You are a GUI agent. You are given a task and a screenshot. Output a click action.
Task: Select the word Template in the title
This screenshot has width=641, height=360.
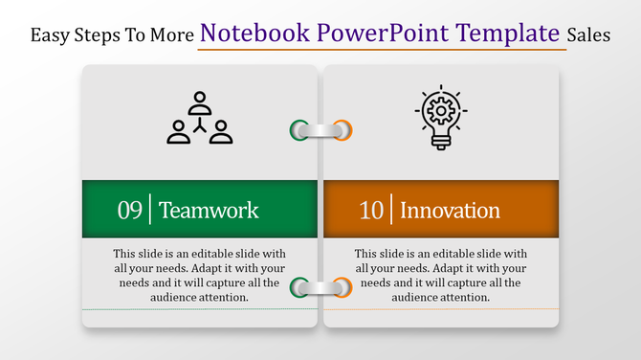point(510,33)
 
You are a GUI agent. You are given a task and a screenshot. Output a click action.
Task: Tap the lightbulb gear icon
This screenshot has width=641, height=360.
point(441,118)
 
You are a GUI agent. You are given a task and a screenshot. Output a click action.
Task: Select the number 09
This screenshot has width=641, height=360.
point(130,210)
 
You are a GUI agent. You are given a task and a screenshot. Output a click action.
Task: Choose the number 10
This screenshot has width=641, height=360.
point(371,210)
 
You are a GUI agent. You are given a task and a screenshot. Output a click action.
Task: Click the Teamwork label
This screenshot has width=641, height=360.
point(209,210)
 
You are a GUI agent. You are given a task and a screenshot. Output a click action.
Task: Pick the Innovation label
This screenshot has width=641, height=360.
point(450,210)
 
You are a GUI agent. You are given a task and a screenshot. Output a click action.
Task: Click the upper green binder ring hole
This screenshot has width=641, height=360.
point(299,129)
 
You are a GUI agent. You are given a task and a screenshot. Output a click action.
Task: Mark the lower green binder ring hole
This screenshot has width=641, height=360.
point(299,286)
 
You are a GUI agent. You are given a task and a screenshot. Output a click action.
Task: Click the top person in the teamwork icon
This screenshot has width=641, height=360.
point(199,101)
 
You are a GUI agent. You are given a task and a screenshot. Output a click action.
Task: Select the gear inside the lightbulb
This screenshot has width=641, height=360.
point(441,111)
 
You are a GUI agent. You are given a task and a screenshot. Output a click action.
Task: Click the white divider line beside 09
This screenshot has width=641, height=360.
point(150,209)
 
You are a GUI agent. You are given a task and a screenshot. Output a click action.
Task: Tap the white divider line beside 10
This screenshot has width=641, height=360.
point(391,209)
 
